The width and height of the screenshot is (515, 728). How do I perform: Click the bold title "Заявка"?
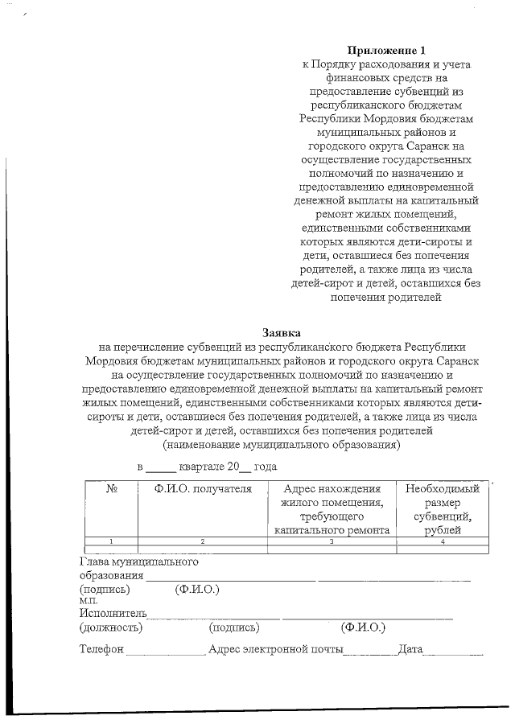coord(282,332)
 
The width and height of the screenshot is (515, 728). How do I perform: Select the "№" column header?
coord(112,489)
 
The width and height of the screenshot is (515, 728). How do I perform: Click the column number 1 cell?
coord(112,541)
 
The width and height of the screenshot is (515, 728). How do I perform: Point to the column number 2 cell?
coord(203,541)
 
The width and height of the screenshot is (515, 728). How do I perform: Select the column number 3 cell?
coord(332,541)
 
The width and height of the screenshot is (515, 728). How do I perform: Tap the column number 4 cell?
coord(443,541)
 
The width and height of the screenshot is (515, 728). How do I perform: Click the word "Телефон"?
coord(101,649)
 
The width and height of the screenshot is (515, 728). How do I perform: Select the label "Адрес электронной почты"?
coord(275,649)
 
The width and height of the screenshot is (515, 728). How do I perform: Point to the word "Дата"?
coord(410,649)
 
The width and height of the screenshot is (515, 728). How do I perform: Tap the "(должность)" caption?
coord(110,627)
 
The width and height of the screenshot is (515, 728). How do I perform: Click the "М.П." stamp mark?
coord(88,600)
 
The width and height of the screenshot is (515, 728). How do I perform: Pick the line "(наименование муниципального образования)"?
coord(282,444)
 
